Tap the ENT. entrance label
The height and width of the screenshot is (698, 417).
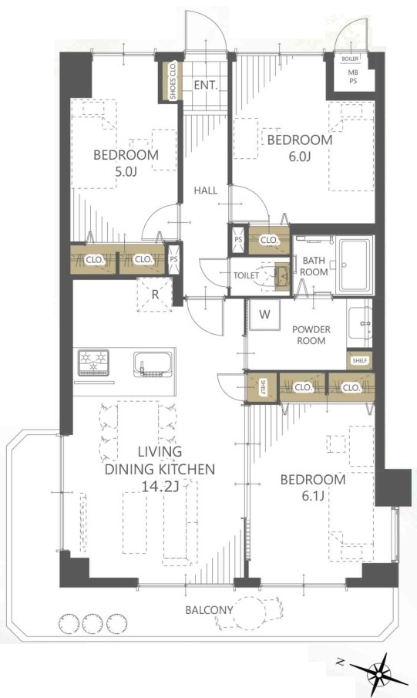(206, 85)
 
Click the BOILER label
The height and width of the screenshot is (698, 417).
(351, 59)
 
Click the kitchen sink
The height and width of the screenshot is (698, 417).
(153, 365)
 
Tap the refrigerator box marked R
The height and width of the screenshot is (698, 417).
(154, 295)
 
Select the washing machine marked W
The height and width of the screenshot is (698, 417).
(264, 315)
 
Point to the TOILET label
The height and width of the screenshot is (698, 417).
(246, 275)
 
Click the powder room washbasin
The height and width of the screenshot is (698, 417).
(360, 322)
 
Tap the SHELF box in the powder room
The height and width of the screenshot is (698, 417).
(360, 361)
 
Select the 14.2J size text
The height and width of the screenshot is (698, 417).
(160, 487)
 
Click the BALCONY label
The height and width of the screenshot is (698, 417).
(209, 610)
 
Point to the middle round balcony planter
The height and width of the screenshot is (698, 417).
(92, 624)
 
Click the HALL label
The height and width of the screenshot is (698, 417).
(206, 191)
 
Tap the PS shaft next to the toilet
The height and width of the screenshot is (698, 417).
(238, 240)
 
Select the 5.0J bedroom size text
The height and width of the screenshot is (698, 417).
(126, 171)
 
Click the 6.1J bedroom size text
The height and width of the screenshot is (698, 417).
(312, 495)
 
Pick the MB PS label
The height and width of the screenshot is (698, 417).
(353, 76)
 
